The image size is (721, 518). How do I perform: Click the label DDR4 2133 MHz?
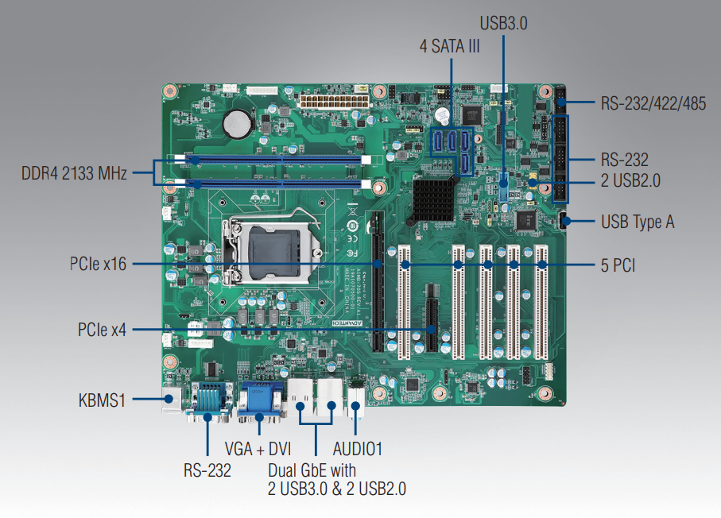(x=74, y=173)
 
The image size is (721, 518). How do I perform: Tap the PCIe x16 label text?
(x=97, y=264)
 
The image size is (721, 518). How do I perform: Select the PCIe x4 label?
(x=102, y=328)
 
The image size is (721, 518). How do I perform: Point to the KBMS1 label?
(x=102, y=400)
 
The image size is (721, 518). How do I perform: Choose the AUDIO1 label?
(x=358, y=450)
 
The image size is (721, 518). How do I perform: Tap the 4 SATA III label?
(x=450, y=47)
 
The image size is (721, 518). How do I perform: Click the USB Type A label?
(x=638, y=222)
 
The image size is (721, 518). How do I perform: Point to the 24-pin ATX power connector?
(x=334, y=102)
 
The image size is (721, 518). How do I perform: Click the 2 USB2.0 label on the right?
(x=630, y=180)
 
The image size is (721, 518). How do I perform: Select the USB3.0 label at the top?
(x=504, y=21)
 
